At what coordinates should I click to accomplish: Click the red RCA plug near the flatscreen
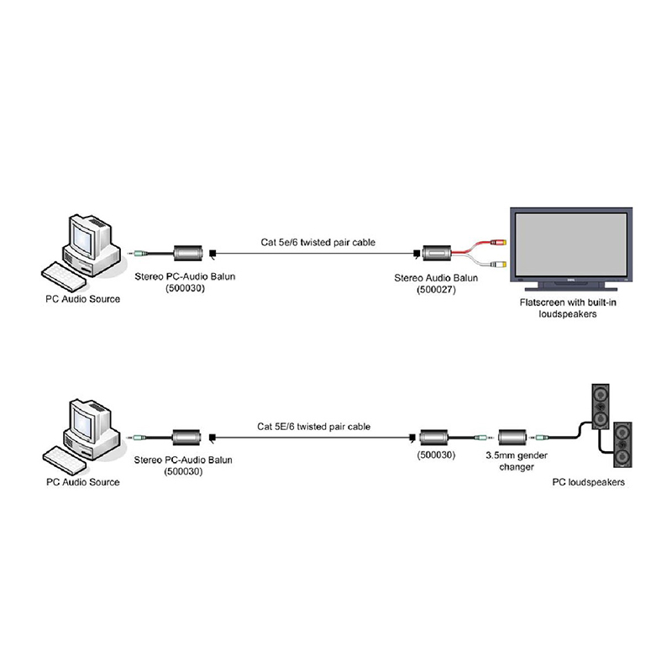point(499,242)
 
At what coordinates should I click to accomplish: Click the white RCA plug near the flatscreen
point(499,265)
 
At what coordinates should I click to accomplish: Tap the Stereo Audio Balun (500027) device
point(437,254)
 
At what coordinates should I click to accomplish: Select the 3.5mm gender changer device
point(512,438)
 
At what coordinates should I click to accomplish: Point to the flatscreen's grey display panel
point(571,245)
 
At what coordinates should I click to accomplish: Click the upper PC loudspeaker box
point(601,407)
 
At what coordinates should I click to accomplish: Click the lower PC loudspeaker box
point(622,444)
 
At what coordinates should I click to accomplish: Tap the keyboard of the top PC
point(63,276)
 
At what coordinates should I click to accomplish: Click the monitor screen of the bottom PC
point(82,423)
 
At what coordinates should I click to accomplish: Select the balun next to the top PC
point(187,253)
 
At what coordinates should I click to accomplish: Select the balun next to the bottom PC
point(186,437)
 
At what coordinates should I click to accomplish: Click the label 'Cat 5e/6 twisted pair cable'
point(318,242)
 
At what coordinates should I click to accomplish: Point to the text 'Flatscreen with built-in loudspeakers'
point(568,308)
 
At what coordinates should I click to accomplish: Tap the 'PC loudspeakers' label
point(589,482)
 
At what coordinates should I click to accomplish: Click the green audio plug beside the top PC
point(139,254)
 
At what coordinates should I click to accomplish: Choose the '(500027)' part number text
point(436,290)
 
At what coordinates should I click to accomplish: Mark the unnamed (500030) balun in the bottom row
point(433,437)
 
